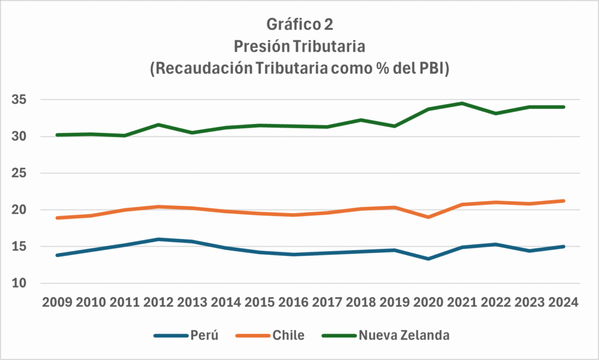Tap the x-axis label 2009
tap(57, 302)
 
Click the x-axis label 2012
tap(159, 302)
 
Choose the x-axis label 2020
tap(429, 302)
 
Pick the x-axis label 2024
tap(564, 302)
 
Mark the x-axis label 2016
tap(294, 302)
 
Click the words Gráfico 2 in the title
tap(299, 25)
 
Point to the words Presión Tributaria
tap(299, 46)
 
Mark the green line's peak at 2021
tap(463, 104)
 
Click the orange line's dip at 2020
tap(429, 217)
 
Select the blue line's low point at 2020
tap(429, 259)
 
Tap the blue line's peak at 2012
tap(159, 239)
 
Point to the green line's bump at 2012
tap(159, 125)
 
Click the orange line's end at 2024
tap(564, 201)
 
